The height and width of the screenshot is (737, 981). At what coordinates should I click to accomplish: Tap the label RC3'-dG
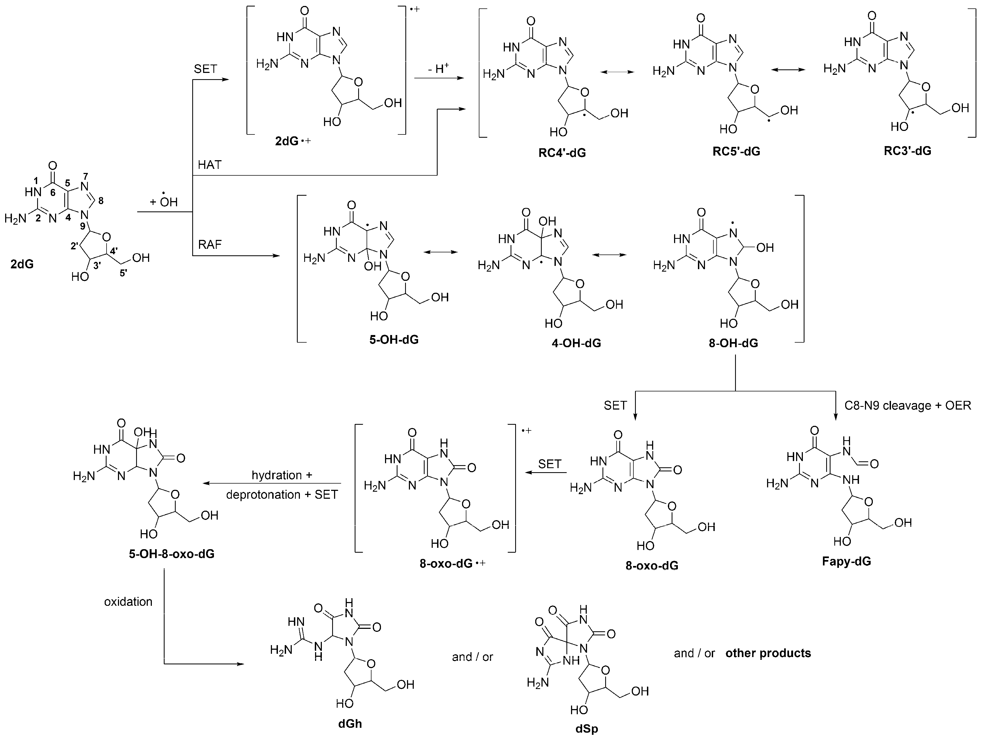coord(907,151)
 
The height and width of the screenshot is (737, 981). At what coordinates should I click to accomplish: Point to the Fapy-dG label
coord(846,561)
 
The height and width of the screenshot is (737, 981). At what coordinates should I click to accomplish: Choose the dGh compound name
coord(350,724)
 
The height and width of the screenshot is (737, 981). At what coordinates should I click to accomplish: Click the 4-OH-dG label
coord(576,343)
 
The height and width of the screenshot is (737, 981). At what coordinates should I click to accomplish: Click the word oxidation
coord(128,602)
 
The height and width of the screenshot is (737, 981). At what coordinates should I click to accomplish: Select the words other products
coord(768,653)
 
